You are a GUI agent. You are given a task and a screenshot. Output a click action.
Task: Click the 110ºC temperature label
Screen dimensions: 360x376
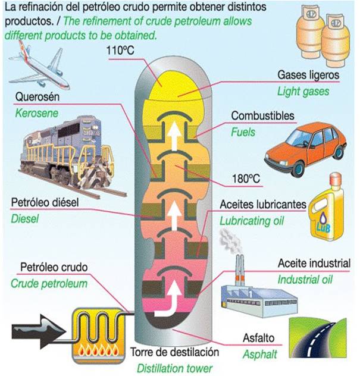click(120, 51)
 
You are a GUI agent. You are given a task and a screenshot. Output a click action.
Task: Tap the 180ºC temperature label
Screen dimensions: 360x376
click(246, 178)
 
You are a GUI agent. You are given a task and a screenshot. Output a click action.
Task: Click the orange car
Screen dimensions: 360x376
click(306, 148)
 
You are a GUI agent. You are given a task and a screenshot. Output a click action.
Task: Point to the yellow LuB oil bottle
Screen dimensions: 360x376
click(327, 208)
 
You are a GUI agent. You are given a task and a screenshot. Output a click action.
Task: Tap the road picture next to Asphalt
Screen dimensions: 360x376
click(318, 338)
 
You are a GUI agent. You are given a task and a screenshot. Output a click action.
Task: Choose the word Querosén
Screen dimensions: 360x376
click(37, 97)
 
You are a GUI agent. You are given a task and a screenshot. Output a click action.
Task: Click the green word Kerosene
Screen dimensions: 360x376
click(37, 114)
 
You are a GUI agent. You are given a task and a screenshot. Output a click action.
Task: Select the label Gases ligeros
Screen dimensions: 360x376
click(308, 75)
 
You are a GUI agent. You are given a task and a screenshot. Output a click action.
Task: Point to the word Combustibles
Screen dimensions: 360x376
click(262, 116)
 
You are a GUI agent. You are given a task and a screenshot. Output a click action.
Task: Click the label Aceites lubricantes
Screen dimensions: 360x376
click(263, 205)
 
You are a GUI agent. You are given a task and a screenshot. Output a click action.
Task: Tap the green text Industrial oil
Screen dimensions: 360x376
click(305, 280)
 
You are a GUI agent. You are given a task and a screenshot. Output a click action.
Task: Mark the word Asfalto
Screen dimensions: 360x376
click(259, 338)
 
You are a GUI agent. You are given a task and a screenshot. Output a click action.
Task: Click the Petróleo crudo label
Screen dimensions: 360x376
click(54, 267)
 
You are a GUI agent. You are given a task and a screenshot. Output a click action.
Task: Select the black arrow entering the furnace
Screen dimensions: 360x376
click(38, 331)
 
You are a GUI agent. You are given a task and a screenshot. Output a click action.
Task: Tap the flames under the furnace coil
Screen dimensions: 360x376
click(98, 351)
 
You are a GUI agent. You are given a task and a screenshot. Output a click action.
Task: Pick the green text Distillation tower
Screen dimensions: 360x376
click(174, 368)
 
